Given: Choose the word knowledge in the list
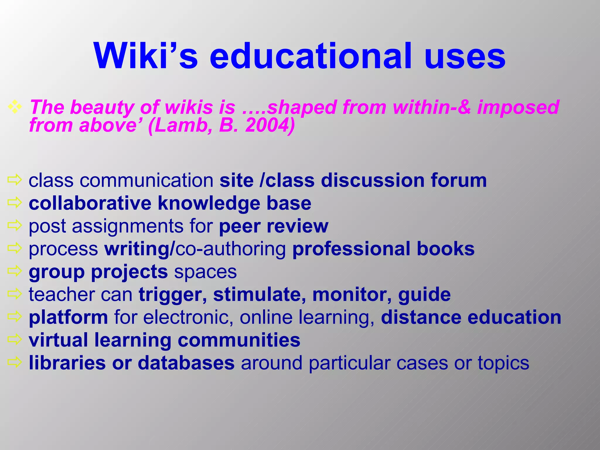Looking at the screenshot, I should [x=209, y=203].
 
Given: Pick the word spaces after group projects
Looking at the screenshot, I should [x=205, y=272].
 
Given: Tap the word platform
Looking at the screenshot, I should [x=68, y=317].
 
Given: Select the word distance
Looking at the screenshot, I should [x=421, y=317].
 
